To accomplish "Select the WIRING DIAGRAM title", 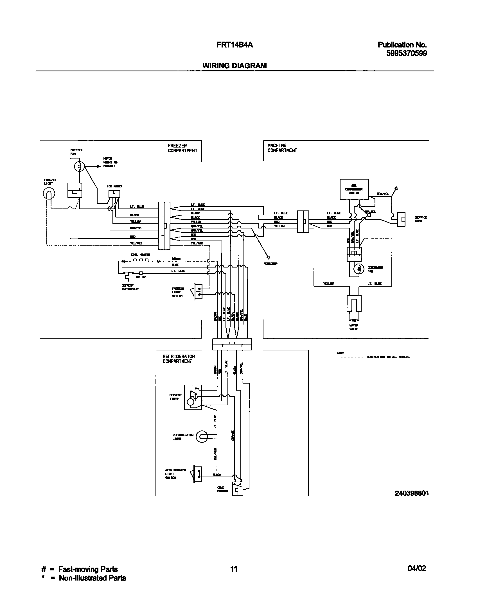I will (235, 66).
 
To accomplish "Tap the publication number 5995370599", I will (406, 53).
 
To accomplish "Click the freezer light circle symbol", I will (49, 193).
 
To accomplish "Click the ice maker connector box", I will (114, 194).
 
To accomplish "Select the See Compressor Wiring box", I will (354, 189).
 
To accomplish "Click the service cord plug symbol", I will (401, 219).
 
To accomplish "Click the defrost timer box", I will (193, 397).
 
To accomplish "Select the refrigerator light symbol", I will (201, 437).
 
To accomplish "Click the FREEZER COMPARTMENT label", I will (182, 148).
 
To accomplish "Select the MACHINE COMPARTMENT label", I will (282, 148).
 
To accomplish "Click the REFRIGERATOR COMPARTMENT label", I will (179, 359).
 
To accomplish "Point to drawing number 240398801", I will (412, 493).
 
